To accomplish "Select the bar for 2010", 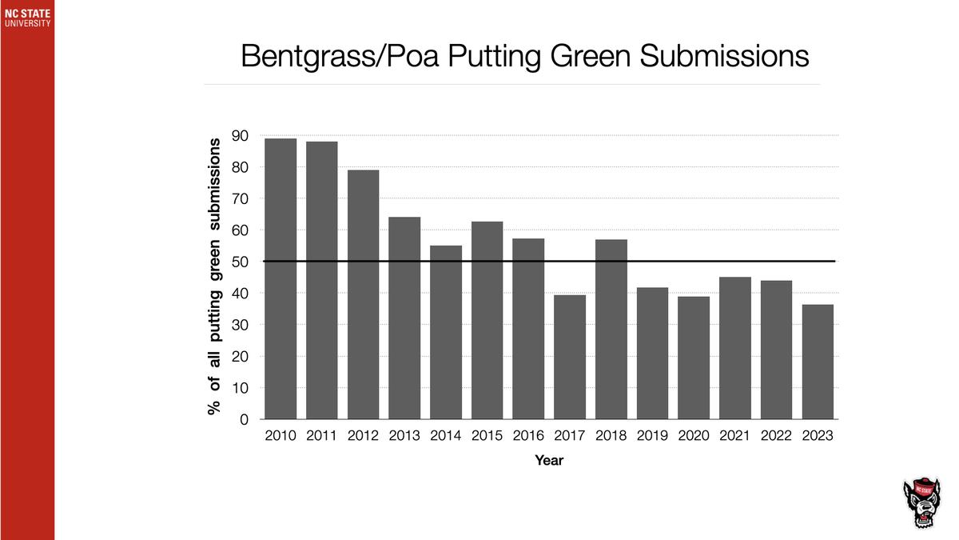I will click(280, 279).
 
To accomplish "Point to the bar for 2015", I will click(487, 320).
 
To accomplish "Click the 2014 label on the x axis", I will click(445, 436).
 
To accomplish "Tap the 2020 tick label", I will click(693, 436).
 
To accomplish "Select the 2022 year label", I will click(776, 436).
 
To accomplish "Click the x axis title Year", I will click(549, 461).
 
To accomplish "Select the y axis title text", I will click(213, 277).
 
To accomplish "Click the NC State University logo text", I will click(27, 18).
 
